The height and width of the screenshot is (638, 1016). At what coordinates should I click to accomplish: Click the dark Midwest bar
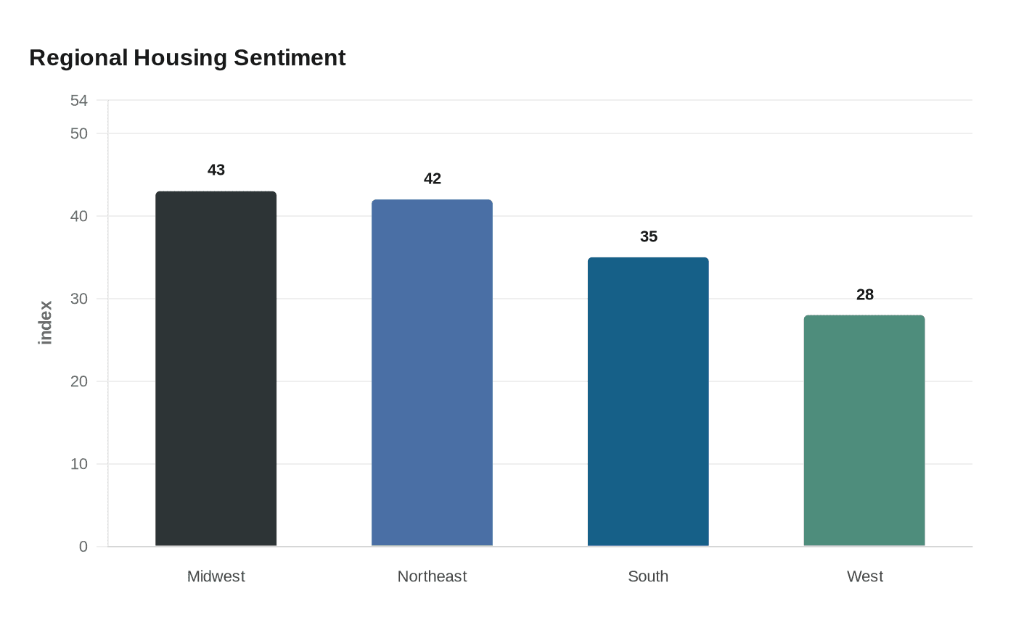[216, 368]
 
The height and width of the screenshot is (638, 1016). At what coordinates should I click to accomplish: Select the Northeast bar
[433, 373]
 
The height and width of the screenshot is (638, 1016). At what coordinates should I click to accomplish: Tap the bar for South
[648, 402]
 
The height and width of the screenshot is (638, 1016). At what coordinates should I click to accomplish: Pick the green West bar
[864, 431]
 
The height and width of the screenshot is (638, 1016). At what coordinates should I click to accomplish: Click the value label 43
[216, 170]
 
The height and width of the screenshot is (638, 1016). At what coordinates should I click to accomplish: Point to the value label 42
[433, 178]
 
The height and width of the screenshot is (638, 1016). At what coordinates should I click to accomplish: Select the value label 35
[649, 236]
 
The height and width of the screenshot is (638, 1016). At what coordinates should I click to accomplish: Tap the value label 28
[865, 294]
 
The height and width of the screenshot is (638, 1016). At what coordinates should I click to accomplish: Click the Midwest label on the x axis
[216, 576]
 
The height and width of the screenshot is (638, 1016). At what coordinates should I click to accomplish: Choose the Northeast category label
[433, 576]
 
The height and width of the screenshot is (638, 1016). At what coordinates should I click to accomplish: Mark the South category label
[648, 576]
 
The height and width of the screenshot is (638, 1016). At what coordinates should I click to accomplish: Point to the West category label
[865, 576]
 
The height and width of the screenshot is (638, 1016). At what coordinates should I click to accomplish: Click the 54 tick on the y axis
[79, 101]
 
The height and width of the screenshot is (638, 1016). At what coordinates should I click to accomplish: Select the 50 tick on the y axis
[79, 133]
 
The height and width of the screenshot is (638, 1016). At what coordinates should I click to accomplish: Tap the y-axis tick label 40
[79, 216]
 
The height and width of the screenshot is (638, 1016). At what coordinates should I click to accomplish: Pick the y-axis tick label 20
[79, 381]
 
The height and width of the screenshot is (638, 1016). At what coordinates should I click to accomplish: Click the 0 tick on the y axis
[83, 547]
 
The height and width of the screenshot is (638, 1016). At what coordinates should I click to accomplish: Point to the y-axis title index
[45, 323]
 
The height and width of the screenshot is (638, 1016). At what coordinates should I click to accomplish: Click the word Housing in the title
[180, 59]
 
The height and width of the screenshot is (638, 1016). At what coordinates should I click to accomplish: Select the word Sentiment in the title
[290, 57]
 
